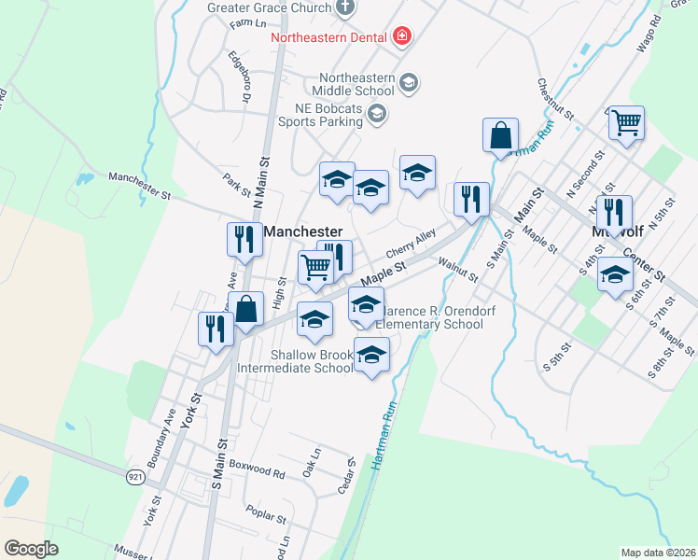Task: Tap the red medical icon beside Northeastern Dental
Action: click(x=402, y=37)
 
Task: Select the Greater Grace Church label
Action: click(x=271, y=7)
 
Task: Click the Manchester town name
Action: click(x=302, y=231)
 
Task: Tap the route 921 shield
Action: click(x=136, y=476)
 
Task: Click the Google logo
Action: click(x=31, y=548)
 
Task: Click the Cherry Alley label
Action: click(x=411, y=246)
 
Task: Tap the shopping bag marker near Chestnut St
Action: click(x=501, y=135)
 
